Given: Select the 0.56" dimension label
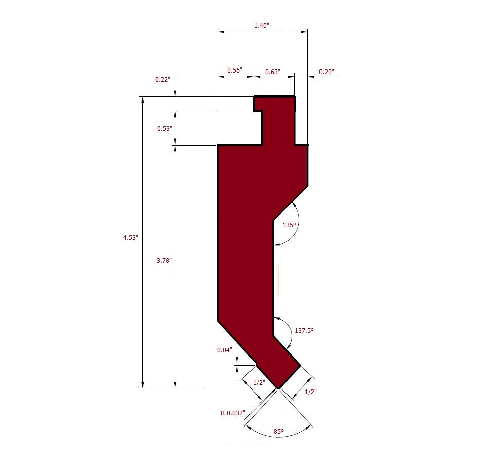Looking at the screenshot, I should point(234,70).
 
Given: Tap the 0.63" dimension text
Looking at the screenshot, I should point(272,72).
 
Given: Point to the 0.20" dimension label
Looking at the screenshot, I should point(326,72).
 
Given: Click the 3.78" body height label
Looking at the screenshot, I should point(163,260).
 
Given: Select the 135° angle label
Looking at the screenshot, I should point(289,224).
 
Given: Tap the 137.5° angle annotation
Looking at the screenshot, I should point(304,330).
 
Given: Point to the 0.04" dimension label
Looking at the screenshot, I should point(224,350).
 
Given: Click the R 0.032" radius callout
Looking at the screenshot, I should point(233,413).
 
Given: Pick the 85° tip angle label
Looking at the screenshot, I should point(278,431).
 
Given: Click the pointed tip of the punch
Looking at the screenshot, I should point(278,388).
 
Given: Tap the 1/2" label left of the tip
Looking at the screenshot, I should point(259,382).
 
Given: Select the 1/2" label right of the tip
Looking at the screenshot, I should point(311,392).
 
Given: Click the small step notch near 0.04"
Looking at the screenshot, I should point(257,364).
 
